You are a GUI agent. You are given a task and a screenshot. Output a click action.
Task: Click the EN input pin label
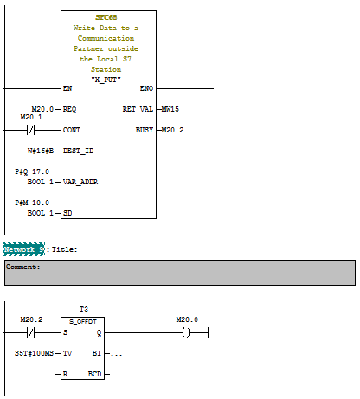tap(67, 89)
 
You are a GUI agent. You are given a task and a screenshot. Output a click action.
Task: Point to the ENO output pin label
tap(146, 89)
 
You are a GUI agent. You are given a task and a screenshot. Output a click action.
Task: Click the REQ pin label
tap(70, 110)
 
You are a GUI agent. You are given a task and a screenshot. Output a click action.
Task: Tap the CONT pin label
tap(72, 131)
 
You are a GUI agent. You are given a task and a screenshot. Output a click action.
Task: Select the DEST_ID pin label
tap(78, 151)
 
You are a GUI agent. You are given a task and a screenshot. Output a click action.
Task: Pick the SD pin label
tap(67, 213)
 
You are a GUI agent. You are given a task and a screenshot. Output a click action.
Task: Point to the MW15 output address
tap(171, 110)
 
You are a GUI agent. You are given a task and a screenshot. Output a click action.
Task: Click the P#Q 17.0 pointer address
tap(34, 172)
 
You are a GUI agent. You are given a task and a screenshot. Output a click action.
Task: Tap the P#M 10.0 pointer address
tap(34, 203)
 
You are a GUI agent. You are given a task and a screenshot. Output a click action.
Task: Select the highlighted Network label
tap(23, 249)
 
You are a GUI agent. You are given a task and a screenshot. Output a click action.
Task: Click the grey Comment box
tap(179, 273)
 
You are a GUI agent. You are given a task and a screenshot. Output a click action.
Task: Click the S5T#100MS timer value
tap(34, 354)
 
